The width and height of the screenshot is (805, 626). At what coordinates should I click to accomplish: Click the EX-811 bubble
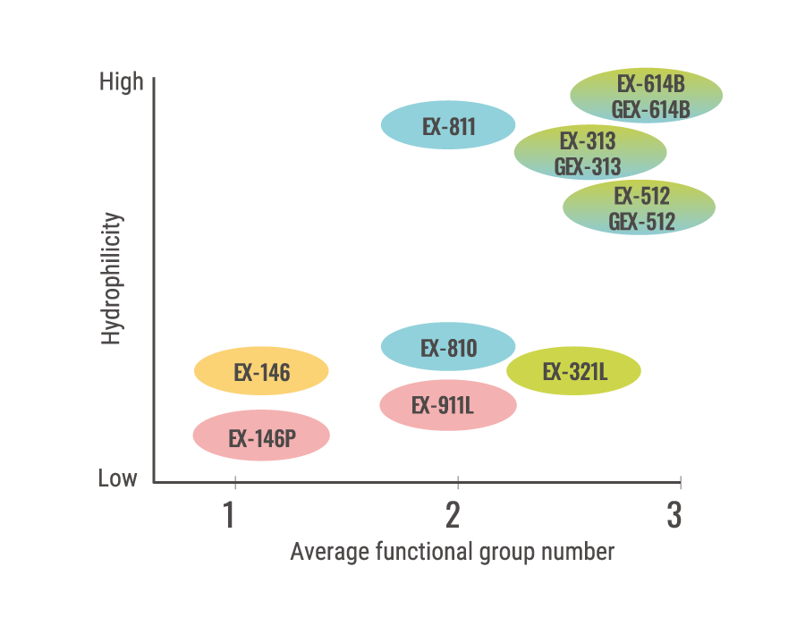pos(448,126)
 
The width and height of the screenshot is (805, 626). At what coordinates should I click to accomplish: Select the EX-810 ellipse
pos(448,347)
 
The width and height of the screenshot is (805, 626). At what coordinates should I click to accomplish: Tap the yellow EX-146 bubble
pos(261,371)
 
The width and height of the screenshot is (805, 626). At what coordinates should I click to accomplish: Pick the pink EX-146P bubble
pos(261,437)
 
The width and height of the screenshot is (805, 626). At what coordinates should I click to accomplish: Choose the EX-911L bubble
pos(448,405)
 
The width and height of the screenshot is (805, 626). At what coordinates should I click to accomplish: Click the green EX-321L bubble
pos(574,371)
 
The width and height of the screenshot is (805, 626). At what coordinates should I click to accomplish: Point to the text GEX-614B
pos(650,109)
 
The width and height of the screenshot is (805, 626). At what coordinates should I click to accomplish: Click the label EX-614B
pos(650,84)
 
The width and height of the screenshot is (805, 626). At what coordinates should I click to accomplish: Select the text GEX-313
pos(588,166)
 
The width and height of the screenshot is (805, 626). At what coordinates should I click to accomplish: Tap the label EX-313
pos(588,140)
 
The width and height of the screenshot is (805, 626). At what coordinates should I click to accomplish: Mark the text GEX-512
pos(642,221)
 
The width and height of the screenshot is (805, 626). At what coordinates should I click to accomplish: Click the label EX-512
pos(642,196)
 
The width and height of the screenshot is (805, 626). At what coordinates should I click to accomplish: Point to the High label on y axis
pos(122,83)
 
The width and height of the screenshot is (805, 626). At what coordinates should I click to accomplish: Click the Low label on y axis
pos(118,478)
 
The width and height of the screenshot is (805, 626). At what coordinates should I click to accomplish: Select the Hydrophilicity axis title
pos(111,279)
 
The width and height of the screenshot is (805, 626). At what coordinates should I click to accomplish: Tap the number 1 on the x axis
pos(230,516)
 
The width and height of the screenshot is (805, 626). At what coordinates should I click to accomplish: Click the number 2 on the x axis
pos(453,516)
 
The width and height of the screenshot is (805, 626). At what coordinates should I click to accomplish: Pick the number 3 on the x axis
pos(674,516)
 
